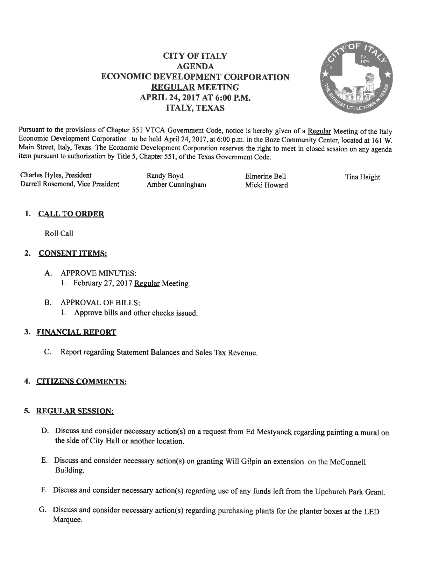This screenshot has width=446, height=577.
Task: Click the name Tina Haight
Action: (x=362, y=177)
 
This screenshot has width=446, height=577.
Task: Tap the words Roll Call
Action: (x=59, y=234)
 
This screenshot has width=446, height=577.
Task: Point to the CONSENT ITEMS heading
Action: (x=73, y=254)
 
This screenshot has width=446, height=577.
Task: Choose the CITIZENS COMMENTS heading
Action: (x=82, y=381)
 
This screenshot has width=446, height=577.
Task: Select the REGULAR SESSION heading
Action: (x=76, y=411)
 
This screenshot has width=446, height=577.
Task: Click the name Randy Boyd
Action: (x=165, y=176)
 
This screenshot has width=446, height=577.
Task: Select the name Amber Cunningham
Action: (x=176, y=185)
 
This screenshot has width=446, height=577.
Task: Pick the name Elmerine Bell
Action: (x=266, y=176)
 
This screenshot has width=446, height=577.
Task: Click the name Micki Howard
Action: (x=266, y=185)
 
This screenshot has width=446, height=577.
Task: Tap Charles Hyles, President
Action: (x=56, y=175)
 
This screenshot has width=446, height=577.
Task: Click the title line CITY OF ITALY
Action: (x=195, y=56)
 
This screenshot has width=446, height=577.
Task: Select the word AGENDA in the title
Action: (x=195, y=66)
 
